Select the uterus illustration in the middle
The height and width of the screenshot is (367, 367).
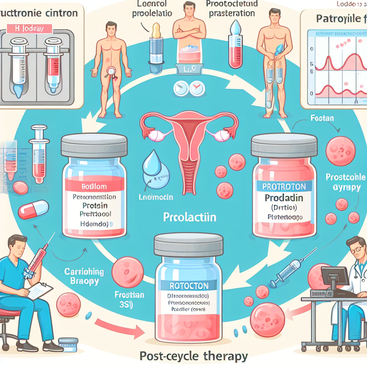189,143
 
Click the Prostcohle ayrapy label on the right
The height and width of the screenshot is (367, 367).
343,182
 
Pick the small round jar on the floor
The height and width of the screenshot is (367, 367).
68,345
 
